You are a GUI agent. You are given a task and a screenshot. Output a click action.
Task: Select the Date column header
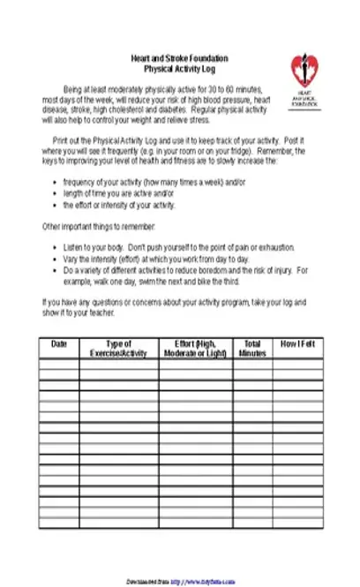59,344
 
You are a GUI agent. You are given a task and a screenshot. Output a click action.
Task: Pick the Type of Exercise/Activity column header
119,349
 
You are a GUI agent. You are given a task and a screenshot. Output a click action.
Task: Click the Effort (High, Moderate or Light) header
196,349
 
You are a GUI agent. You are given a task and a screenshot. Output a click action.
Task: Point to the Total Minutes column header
252,349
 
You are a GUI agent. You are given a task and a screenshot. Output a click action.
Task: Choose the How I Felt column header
297,344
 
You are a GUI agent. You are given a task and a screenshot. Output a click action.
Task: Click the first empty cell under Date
59,362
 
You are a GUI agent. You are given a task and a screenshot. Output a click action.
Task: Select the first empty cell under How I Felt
297,362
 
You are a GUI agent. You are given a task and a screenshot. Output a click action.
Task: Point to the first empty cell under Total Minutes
252,362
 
